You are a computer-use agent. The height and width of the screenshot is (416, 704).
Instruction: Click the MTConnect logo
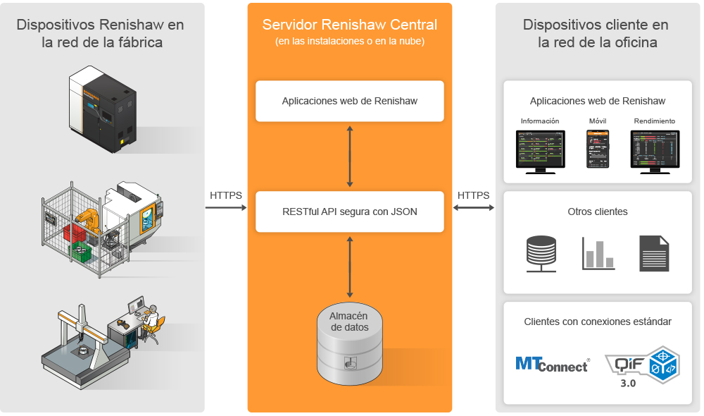(552, 364)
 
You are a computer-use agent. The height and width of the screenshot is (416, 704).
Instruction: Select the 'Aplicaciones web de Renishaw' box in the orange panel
(350, 101)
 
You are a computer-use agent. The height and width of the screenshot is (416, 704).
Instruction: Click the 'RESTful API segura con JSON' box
(350, 211)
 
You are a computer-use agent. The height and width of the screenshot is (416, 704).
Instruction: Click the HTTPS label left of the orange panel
(226, 195)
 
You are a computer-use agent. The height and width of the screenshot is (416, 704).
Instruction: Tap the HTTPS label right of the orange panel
(474, 195)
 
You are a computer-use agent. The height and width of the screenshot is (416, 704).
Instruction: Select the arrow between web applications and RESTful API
(350, 156)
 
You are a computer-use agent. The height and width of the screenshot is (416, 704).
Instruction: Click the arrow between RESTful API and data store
(350, 266)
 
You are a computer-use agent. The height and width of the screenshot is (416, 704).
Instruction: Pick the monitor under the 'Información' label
(540, 150)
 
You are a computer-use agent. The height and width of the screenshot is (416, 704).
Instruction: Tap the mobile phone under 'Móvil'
(598, 149)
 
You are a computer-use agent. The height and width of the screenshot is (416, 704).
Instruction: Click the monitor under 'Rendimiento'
(654, 150)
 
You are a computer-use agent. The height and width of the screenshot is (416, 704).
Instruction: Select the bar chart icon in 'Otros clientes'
(598, 255)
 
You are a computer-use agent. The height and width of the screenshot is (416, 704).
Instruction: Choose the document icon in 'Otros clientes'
(654, 254)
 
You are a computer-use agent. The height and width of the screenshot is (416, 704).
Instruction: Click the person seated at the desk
(151, 322)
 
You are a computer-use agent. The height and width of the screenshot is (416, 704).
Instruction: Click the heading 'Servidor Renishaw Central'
(350, 25)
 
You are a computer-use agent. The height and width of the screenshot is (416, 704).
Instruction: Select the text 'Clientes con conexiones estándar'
(598, 322)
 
